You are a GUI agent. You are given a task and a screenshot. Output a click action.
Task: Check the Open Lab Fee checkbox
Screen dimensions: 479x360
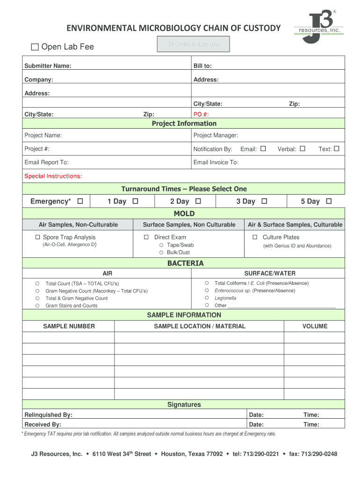pyautogui.click(x=35, y=47)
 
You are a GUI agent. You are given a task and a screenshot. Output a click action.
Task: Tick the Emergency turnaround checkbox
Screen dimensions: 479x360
pyautogui.click(x=80, y=201)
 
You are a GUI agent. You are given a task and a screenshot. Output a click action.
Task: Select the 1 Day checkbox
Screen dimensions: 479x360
pyautogui.click(x=135, y=201)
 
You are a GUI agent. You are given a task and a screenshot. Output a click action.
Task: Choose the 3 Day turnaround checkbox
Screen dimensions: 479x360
pyautogui.click(x=264, y=201)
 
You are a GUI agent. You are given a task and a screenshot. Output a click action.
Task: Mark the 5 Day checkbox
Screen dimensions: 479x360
pyautogui.click(x=329, y=201)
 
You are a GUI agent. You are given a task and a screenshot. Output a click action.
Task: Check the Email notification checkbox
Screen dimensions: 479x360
pyautogui.click(x=263, y=149)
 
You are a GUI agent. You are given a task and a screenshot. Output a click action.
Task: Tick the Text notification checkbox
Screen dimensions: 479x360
pyautogui.click(x=336, y=149)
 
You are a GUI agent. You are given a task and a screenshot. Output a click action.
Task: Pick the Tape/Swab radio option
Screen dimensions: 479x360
pyautogui.click(x=161, y=245)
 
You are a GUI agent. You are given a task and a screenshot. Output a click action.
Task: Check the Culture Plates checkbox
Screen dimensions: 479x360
pyautogui.click(x=255, y=237)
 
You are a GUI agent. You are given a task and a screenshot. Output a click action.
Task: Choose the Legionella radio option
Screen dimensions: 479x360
pyautogui.click(x=207, y=298)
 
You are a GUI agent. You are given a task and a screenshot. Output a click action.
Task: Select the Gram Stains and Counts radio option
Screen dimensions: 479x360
pyautogui.click(x=37, y=305)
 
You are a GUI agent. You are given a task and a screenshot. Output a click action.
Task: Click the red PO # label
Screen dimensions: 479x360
pyautogui.click(x=201, y=115)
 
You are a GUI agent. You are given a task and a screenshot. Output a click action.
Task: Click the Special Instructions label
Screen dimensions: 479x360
pyautogui.click(x=53, y=176)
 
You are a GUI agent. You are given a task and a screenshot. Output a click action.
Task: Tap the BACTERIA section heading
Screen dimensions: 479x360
pyautogui.click(x=186, y=263)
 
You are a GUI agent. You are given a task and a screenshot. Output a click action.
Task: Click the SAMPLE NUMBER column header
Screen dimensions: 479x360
pyautogui.click(x=69, y=326)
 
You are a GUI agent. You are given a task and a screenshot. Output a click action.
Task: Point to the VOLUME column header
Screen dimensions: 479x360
pyautogui.click(x=315, y=326)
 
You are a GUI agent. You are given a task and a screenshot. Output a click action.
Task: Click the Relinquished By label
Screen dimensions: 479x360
pyautogui.click(x=48, y=415)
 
